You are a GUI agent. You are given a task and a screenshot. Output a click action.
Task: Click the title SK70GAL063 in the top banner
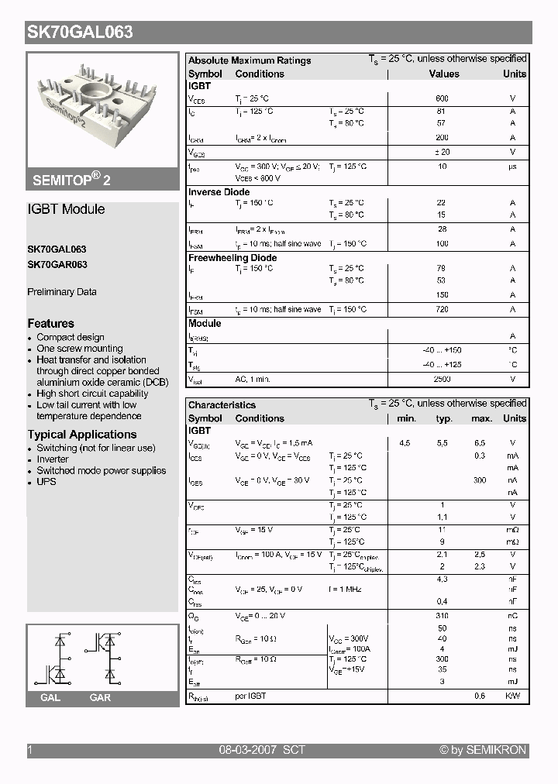[x=81, y=32]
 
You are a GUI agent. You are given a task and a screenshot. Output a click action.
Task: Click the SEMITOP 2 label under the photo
[x=71, y=179]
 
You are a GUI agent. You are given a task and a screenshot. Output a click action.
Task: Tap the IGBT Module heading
[x=66, y=209]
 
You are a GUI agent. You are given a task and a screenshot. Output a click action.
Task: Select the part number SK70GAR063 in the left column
[x=57, y=264]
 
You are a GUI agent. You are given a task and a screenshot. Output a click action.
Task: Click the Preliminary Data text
[x=62, y=292]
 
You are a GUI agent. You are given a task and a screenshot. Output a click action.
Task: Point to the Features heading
[x=51, y=324]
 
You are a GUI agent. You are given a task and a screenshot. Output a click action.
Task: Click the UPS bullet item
[x=46, y=482]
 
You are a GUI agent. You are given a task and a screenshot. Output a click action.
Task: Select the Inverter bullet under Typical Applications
[x=53, y=459]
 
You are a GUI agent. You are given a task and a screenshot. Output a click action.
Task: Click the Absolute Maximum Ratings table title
[x=250, y=60]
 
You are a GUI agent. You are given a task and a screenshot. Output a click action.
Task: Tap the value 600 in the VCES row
[x=442, y=99]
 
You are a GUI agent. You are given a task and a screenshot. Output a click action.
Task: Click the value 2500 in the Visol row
[x=442, y=379]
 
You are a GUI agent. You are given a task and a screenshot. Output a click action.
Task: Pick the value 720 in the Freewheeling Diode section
[x=442, y=309]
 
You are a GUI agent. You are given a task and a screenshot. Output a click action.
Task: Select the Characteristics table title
[x=222, y=405]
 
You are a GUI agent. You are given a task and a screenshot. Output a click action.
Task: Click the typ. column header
[x=444, y=418]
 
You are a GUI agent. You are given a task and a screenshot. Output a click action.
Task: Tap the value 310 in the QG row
[x=442, y=616]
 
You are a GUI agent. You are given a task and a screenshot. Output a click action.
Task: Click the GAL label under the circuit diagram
[x=50, y=698]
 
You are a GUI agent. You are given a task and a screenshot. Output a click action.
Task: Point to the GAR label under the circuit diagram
[x=100, y=698]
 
